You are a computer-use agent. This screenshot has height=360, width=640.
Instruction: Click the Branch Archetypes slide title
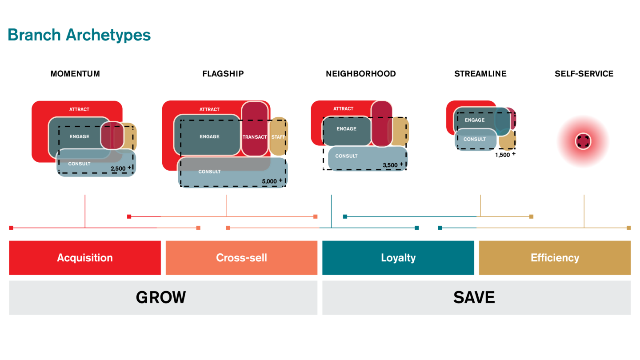[x=79, y=35]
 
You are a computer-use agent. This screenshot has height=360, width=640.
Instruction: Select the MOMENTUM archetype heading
[x=75, y=74]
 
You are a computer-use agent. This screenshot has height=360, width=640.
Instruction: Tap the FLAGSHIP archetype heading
[x=223, y=74]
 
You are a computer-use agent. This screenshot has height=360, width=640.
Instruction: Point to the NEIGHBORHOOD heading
[x=360, y=74]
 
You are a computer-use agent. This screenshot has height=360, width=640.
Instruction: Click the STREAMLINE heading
[x=480, y=74]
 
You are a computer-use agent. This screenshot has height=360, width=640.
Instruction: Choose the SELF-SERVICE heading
[x=584, y=74]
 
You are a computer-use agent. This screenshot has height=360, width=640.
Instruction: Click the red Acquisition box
[x=85, y=258]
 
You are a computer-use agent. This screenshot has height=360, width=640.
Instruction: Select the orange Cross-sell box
[x=241, y=258]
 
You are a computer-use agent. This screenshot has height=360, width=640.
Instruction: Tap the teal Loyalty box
[x=398, y=258]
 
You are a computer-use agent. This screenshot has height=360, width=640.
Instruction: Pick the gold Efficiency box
[x=554, y=258]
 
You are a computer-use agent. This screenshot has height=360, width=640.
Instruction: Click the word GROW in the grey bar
[x=160, y=297]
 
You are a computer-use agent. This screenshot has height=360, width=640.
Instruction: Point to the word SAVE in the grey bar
[x=474, y=297]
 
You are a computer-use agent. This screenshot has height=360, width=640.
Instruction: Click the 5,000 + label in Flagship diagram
[x=272, y=181]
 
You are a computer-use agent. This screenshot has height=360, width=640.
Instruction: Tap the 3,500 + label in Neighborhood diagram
[x=393, y=165]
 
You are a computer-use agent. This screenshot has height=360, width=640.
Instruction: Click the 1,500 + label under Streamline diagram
[x=505, y=155]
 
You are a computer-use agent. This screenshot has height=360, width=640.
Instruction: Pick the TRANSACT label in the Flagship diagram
[x=254, y=137]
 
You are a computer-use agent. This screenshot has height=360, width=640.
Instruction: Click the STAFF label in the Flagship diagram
[x=278, y=137]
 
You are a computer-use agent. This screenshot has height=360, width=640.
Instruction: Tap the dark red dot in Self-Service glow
[x=583, y=142]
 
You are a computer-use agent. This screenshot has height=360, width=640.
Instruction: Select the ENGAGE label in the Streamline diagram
[x=474, y=120]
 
